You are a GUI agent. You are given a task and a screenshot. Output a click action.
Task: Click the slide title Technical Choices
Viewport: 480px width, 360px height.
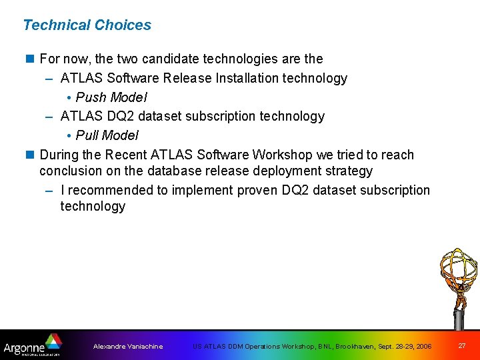click(x=87, y=25)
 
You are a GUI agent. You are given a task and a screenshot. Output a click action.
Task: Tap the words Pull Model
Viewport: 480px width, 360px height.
click(x=107, y=135)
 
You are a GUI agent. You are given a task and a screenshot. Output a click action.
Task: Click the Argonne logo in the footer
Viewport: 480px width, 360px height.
click(x=32, y=346)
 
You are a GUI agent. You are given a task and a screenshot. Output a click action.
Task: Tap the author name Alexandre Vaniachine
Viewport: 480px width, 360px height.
click(x=128, y=347)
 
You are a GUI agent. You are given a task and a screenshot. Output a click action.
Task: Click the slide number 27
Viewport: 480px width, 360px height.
click(x=462, y=346)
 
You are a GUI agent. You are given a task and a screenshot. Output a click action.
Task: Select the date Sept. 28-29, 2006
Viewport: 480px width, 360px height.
click(x=405, y=347)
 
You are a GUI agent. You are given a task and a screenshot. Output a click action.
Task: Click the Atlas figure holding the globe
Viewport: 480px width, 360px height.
click(x=458, y=283)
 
